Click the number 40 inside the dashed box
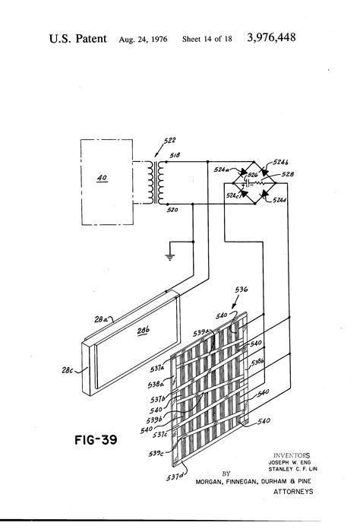click(101, 181)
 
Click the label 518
click(175, 156)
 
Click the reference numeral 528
click(289, 176)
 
